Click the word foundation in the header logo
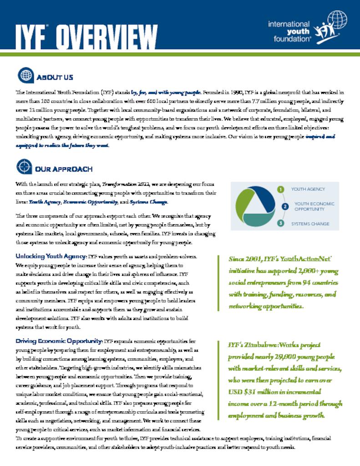(x=289, y=39)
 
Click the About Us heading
(x=54, y=77)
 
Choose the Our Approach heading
(x=64, y=169)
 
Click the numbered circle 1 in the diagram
(x=281, y=189)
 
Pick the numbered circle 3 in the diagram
(x=281, y=223)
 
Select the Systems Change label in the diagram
(x=310, y=223)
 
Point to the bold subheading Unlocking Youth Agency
(x=51, y=256)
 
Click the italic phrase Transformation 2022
(x=123, y=185)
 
